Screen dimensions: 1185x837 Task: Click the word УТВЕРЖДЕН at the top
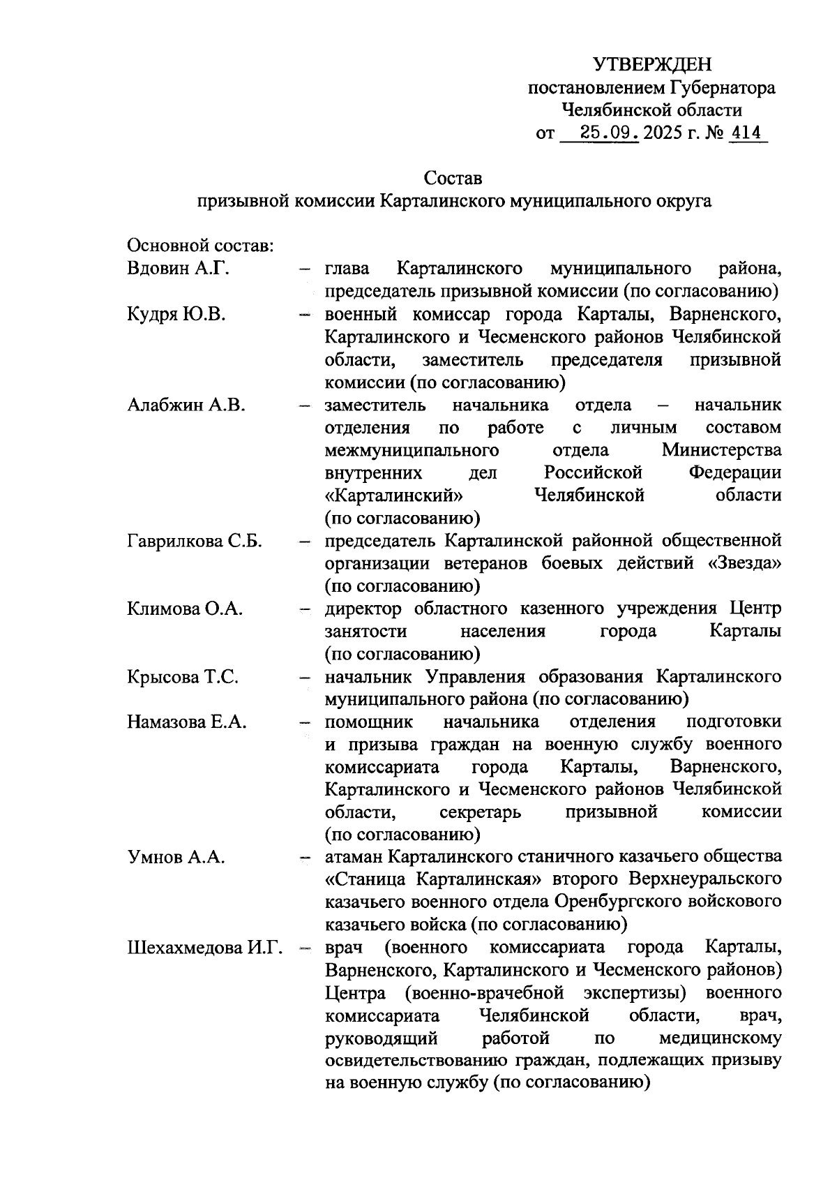click(x=652, y=65)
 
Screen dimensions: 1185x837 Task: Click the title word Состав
click(x=453, y=179)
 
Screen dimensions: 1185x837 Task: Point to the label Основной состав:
click(x=200, y=246)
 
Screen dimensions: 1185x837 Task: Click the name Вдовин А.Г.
click(x=178, y=269)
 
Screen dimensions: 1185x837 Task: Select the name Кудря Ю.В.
click(x=176, y=314)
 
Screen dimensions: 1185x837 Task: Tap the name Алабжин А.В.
click(x=186, y=405)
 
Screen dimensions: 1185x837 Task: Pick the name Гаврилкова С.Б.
click(x=195, y=541)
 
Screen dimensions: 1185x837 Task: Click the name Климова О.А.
click(x=185, y=609)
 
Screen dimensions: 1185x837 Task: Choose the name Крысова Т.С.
click(x=183, y=676)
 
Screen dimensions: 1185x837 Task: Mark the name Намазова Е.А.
click(x=187, y=722)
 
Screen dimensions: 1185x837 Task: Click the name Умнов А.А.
click(x=176, y=857)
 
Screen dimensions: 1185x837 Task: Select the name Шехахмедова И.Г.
click(x=204, y=948)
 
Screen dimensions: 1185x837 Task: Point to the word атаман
click(x=354, y=857)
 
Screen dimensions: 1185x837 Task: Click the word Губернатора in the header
click(x=723, y=87)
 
